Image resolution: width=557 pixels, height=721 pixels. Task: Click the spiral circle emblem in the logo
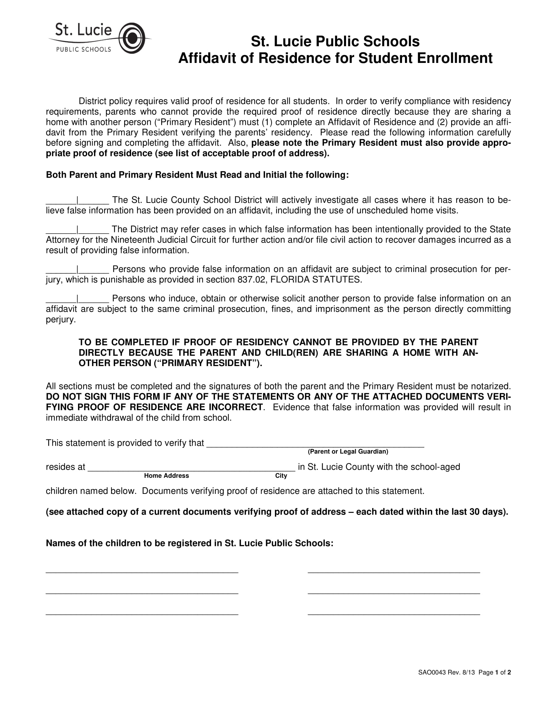pyautogui.click(x=132, y=38)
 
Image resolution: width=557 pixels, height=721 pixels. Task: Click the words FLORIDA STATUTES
pyautogui.click(x=316, y=280)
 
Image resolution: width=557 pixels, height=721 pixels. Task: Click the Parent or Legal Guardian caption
pyautogui.click(x=348, y=451)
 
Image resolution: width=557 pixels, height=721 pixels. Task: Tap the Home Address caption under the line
pyautogui.click(x=166, y=476)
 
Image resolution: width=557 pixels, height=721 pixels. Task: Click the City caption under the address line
pyautogui.click(x=281, y=476)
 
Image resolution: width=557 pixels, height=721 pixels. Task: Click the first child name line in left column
pyautogui.click(x=142, y=571)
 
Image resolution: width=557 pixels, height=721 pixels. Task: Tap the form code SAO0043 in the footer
pyautogui.click(x=432, y=672)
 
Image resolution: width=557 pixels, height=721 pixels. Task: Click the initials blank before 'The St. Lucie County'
pyautogui.click(x=61, y=201)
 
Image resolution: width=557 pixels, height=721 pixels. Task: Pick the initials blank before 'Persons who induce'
pyautogui.click(x=61, y=299)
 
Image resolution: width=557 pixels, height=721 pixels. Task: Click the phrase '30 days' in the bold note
pyautogui.click(x=486, y=512)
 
